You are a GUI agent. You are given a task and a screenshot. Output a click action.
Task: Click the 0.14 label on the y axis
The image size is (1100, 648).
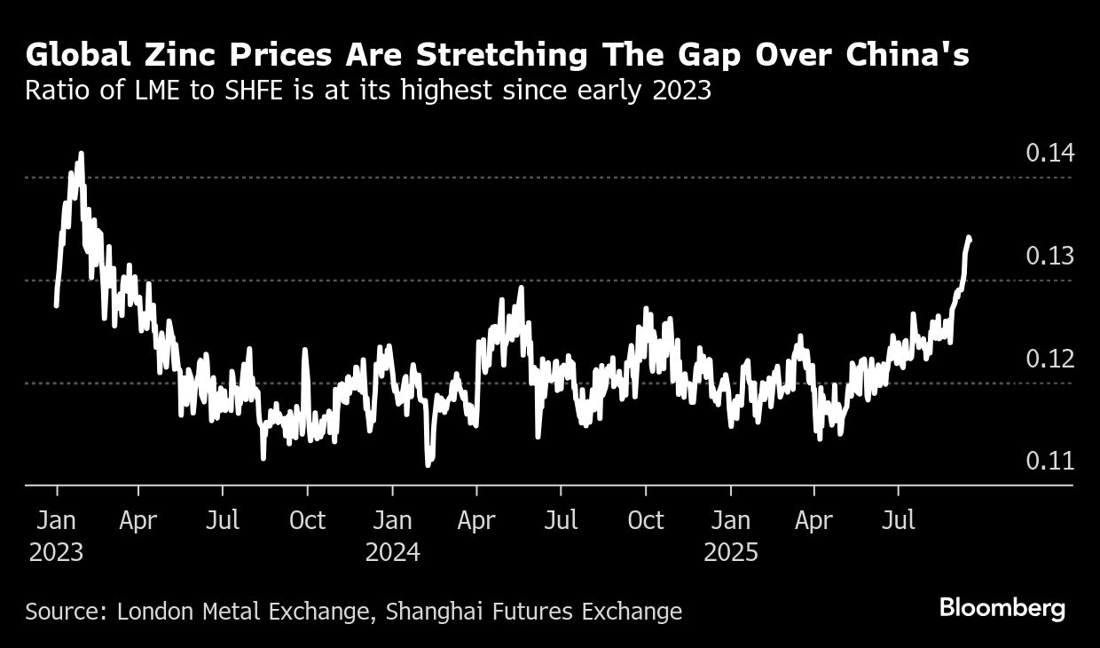click(1050, 154)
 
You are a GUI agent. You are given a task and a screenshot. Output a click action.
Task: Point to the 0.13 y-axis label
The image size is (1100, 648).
click(1050, 257)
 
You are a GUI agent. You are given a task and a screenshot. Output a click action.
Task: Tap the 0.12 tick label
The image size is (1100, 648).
click(1050, 360)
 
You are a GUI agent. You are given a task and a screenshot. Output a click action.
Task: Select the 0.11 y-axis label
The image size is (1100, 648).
click(1050, 462)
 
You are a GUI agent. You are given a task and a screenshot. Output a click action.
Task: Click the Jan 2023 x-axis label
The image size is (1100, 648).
click(57, 535)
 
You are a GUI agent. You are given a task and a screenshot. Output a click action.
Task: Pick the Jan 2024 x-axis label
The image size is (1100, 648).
click(393, 535)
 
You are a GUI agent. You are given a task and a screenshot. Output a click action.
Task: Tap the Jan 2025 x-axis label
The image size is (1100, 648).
click(731, 535)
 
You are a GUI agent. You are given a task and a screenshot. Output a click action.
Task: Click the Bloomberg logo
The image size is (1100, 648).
click(1002, 609)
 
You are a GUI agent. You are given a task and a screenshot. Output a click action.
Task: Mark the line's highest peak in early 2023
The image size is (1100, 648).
click(81, 154)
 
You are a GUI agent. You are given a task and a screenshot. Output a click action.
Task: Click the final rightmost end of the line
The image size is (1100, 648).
click(970, 238)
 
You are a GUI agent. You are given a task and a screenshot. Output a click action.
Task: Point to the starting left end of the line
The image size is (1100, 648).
click(56, 305)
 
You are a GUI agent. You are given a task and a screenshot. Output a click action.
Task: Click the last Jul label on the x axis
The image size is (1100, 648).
click(900, 519)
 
